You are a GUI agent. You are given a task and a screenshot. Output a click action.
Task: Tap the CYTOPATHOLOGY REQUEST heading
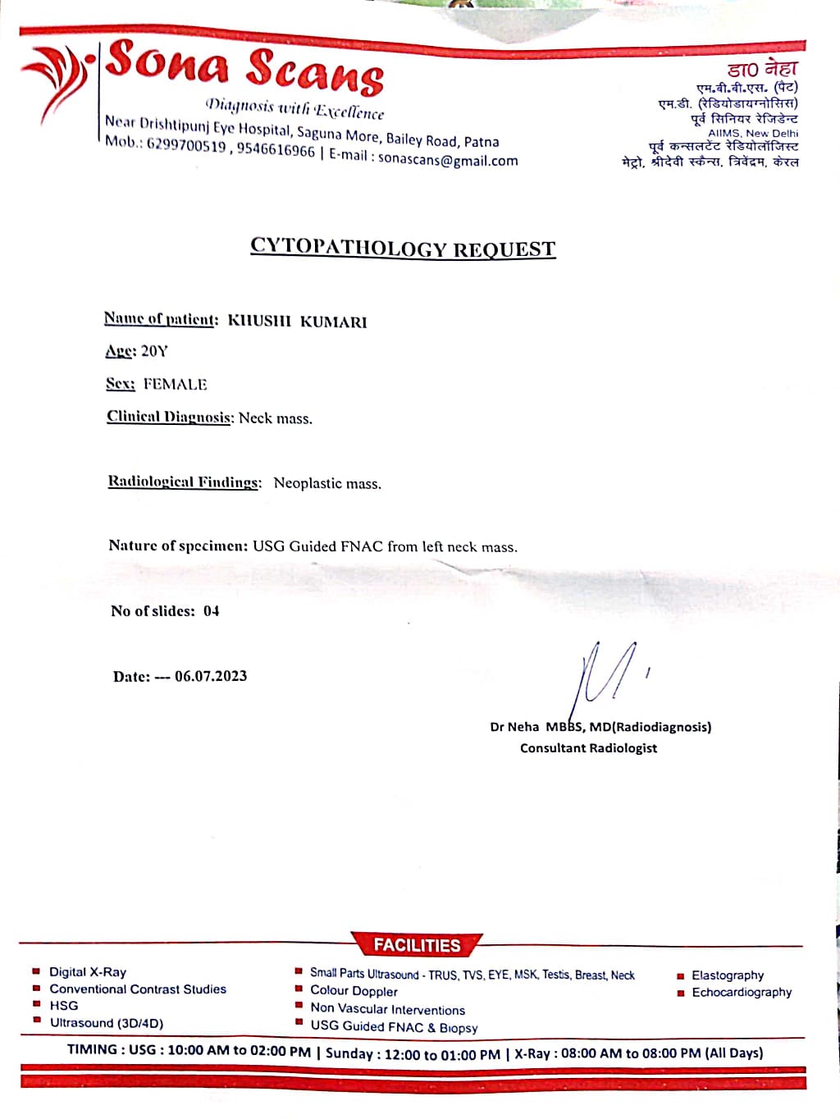[x=403, y=248]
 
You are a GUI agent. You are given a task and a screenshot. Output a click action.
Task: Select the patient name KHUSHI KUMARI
[x=297, y=322]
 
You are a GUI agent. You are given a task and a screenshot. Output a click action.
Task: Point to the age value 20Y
[x=154, y=351]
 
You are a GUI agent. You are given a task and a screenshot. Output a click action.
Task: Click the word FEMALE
[x=175, y=384]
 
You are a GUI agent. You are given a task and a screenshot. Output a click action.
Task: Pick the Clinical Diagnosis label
[x=170, y=417]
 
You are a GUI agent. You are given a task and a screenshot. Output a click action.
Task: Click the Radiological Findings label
[x=185, y=482]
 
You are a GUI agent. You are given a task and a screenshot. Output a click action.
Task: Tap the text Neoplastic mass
[x=327, y=483]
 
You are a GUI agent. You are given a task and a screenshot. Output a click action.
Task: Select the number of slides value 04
[x=212, y=611]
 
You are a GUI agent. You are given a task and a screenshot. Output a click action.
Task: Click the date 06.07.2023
[x=211, y=676]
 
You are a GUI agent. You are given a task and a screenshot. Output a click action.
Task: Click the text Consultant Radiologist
[x=588, y=748]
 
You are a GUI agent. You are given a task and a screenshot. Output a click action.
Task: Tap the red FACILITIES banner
[x=417, y=945]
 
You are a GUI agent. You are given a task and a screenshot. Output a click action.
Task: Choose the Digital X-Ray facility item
[x=88, y=972]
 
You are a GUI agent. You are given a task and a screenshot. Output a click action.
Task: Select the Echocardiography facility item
[x=742, y=993]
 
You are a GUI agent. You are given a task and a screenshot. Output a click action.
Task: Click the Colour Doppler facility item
[x=354, y=991]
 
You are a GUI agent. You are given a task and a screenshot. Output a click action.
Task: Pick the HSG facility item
[x=64, y=1006]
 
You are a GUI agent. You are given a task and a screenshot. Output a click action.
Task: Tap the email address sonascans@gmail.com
[x=448, y=161]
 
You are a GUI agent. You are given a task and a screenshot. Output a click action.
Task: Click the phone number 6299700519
[x=186, y=146]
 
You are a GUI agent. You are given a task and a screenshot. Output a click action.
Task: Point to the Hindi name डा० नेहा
[x=762, y=69]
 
